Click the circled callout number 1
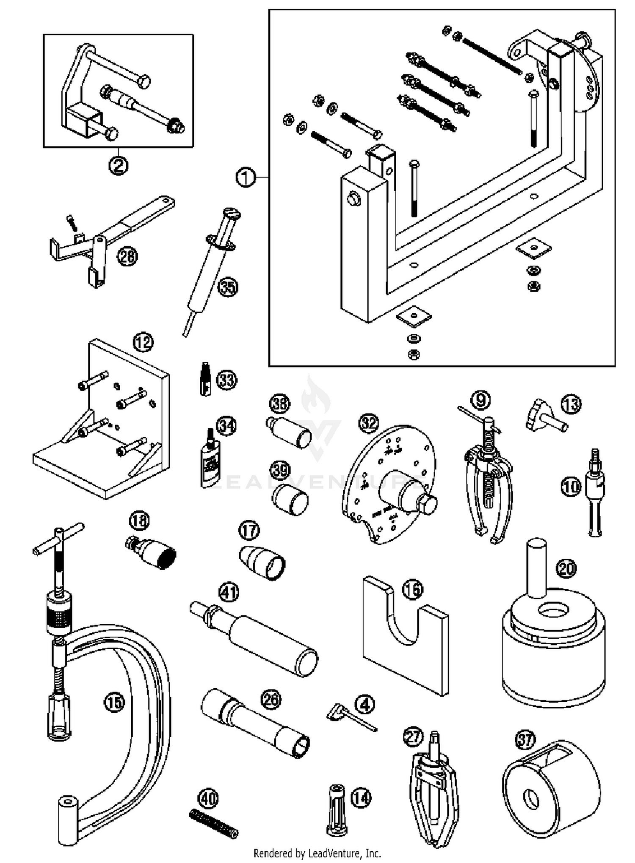[246, 177]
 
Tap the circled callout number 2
[118, 165]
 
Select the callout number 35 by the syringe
[228, 287]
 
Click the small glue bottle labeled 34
[210, 461]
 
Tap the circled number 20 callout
[566, 568]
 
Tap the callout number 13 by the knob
[571, 405]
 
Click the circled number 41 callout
[229, 593]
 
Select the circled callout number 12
[143, 342]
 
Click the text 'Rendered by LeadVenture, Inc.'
[317, 853]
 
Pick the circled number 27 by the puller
[413, 737]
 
